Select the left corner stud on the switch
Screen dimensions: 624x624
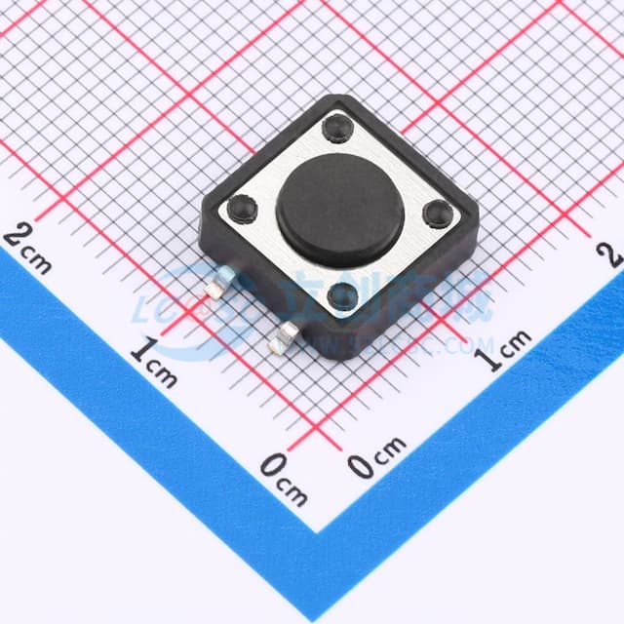[240, 207]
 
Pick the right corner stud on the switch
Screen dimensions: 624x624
[437, 212]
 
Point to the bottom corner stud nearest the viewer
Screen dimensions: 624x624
[342, 294]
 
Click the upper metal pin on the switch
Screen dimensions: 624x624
[218, 285]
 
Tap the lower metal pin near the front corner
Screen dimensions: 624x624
[287, 337]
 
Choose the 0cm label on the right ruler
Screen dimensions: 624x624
[376, 458]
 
